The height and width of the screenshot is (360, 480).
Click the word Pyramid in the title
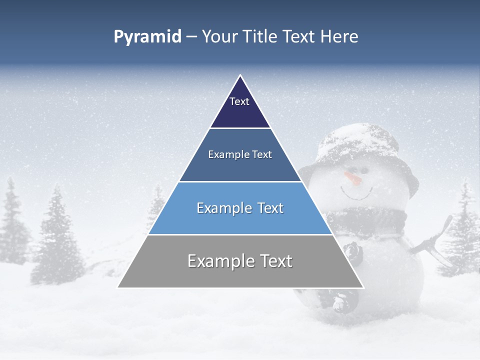(147, 37)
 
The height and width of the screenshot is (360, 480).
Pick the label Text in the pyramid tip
(239, 101)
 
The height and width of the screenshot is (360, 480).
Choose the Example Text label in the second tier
(240, 154)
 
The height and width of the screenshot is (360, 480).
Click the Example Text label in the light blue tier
(240, 208)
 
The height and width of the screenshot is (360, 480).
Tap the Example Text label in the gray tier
(240, 261)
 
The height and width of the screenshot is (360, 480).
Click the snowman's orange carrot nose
(353, 177)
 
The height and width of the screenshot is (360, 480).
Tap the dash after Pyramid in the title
(191, 37)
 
